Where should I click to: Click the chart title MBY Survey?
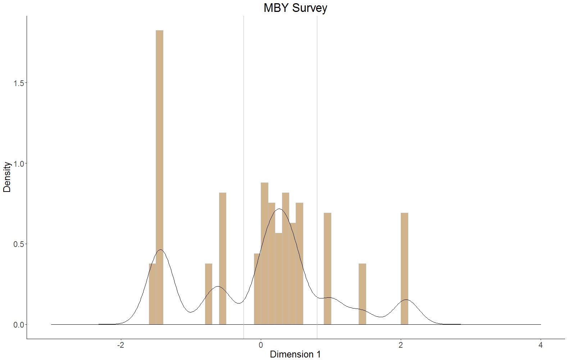click(x=295, y=8)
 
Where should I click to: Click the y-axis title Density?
click(x=7, y=177)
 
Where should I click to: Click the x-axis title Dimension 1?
click(x=295, y=354)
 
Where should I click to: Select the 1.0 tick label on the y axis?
click(x=19, y=164)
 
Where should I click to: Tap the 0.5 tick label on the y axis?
click(x=19, y=244)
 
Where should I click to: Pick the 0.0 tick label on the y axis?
click(x=19, y=325)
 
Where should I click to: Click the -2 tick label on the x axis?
click(x=121, y=345)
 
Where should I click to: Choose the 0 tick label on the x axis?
click(x=261, y=345)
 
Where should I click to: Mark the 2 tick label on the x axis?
click(x=401, y=345)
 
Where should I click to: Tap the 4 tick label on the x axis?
click(x=541, y=345)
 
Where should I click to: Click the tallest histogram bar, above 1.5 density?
click(x=159, y=144)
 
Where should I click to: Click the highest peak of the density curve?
click(x=280, y=209)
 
